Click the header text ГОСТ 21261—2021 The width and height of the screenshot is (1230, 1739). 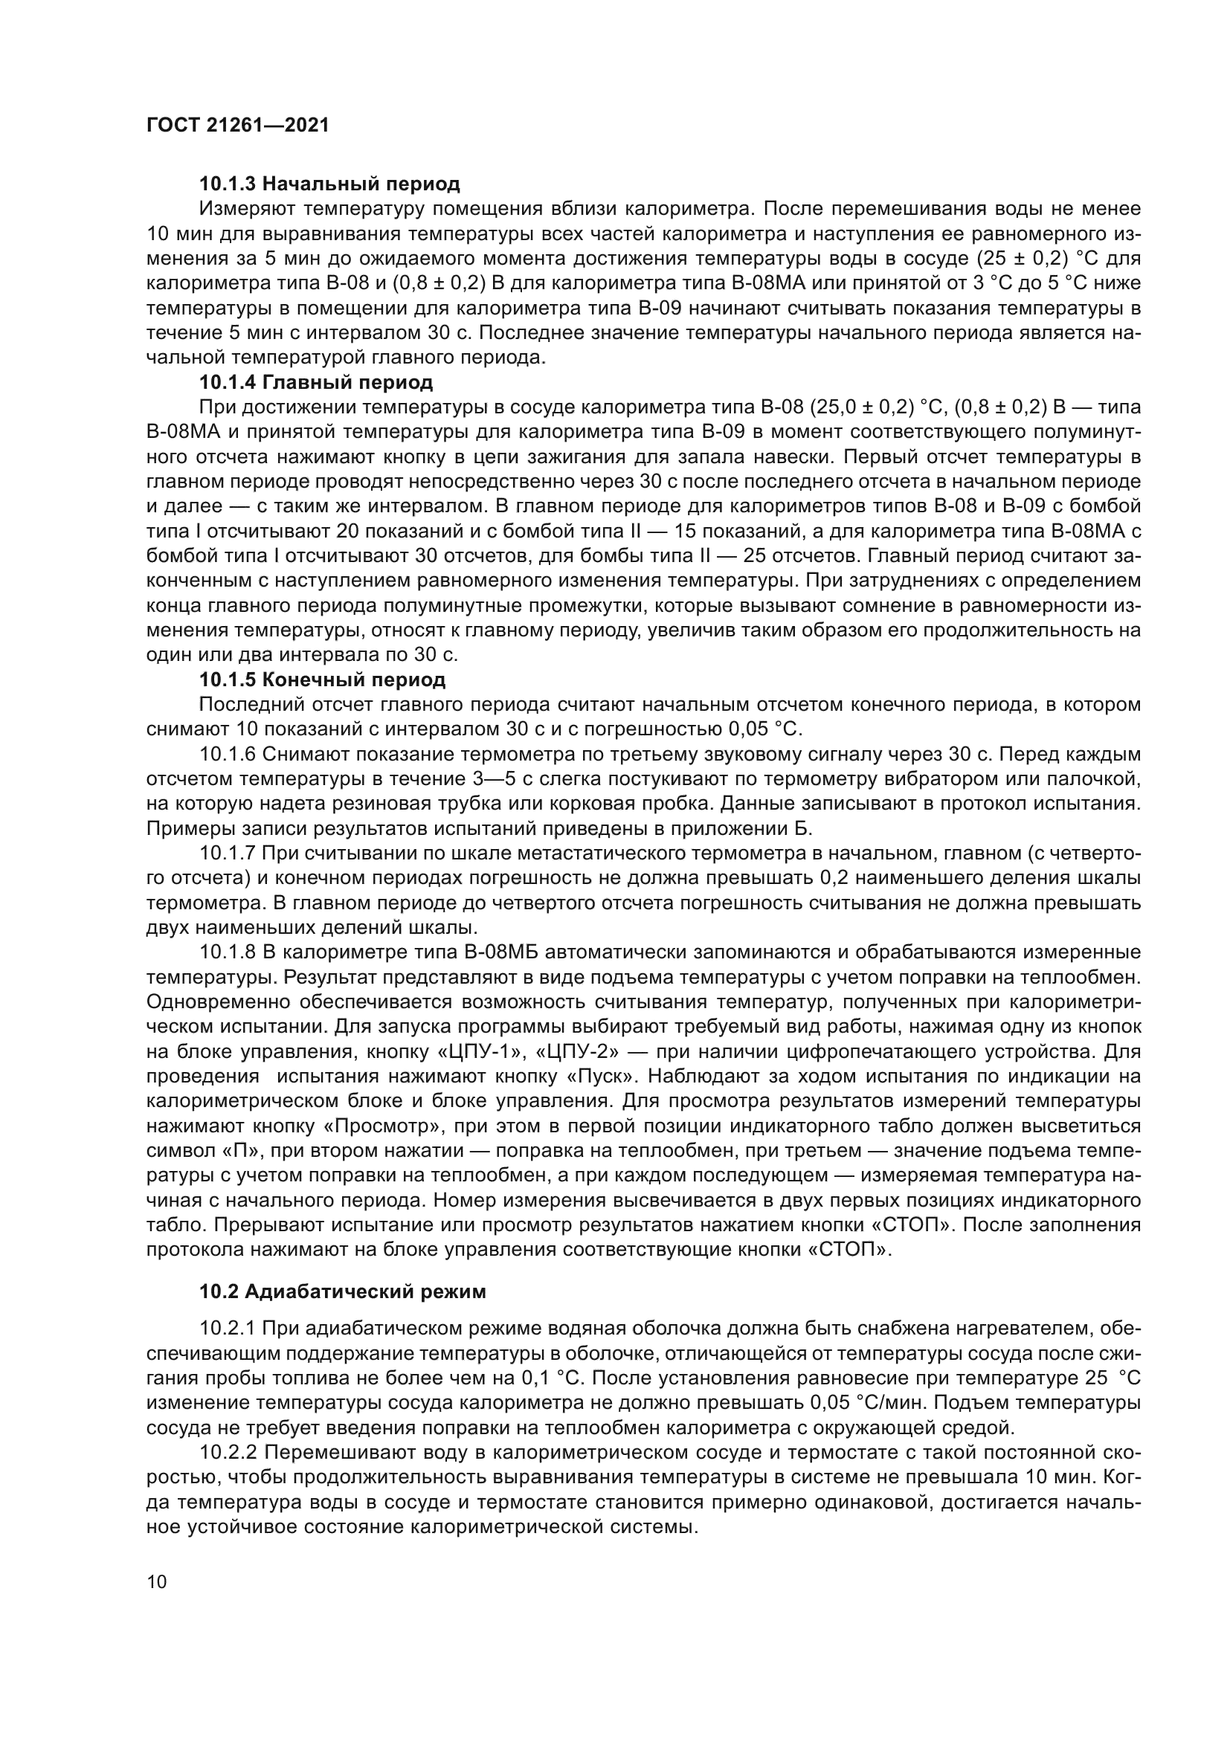pyautogui.click(x=238, y=126)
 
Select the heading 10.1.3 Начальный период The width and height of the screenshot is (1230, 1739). pyautogui.click(x=329, y=184)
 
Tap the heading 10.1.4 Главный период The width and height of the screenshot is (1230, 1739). pyautogui.click(x=316, y=381)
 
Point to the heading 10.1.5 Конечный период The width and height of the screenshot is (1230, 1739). pyautogui.click(x=322, y=680)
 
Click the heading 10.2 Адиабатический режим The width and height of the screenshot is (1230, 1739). pyautogui.click(x=342, y=1292)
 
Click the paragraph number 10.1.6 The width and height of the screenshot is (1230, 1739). pyautogui.click(x=228, y=755)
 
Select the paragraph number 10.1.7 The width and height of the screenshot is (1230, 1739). pyautogui.click(x=228, y=854)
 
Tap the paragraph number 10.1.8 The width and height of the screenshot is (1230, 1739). pyautogui.click(x=228, y=952)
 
